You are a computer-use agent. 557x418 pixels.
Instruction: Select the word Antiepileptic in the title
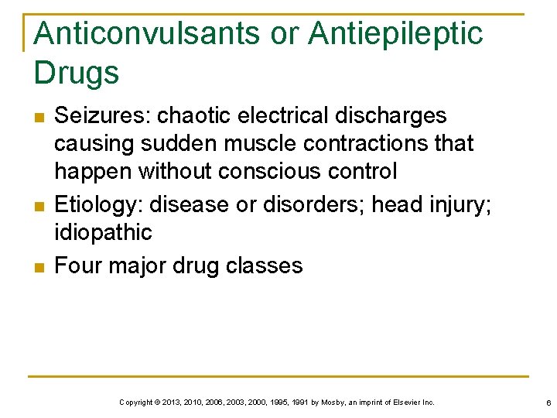(x=395, y=34)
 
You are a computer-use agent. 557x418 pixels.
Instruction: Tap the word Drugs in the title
(x=77, y=73)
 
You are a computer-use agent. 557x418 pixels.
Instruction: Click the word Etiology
(x=98, y=204)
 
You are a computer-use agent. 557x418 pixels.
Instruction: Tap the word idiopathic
(x=104, y=232)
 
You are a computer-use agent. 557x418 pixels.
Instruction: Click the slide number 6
(x=548, y=403)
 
